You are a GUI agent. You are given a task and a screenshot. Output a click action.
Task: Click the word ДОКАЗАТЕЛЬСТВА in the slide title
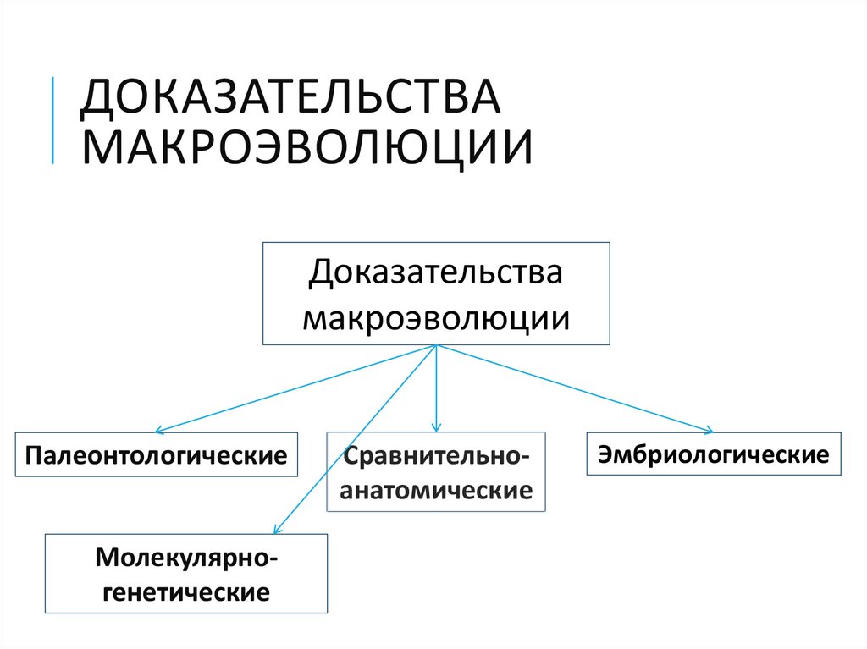coord(290,99)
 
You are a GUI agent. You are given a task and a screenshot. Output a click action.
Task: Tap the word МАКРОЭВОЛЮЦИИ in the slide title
coord(306,146)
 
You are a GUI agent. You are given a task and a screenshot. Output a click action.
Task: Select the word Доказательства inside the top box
coord(436,272)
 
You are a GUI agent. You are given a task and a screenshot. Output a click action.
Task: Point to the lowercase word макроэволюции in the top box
coord(436,317)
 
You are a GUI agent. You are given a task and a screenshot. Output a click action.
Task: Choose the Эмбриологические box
coord(714,454)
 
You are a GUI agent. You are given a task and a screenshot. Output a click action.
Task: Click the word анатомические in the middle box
coord(437,490)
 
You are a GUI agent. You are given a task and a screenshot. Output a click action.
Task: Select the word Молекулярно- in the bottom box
coord(186,557)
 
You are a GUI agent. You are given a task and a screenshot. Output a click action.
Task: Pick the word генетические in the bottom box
coord(186,590)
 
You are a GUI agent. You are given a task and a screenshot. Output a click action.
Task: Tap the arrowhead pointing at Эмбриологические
coord(710,431)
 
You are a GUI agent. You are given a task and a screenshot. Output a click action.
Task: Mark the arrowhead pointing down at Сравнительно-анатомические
coord(436,428)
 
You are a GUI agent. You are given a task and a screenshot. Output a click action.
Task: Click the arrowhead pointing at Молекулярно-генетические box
coord(275,531)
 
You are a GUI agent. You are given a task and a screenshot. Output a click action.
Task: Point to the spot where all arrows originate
coord(436,345)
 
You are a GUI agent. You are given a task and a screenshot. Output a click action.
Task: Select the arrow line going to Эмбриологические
coord(576,389)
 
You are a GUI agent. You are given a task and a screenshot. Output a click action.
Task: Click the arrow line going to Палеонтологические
coord(296,389)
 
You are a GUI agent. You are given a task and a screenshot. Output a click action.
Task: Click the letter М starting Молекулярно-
coord(108,557)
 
